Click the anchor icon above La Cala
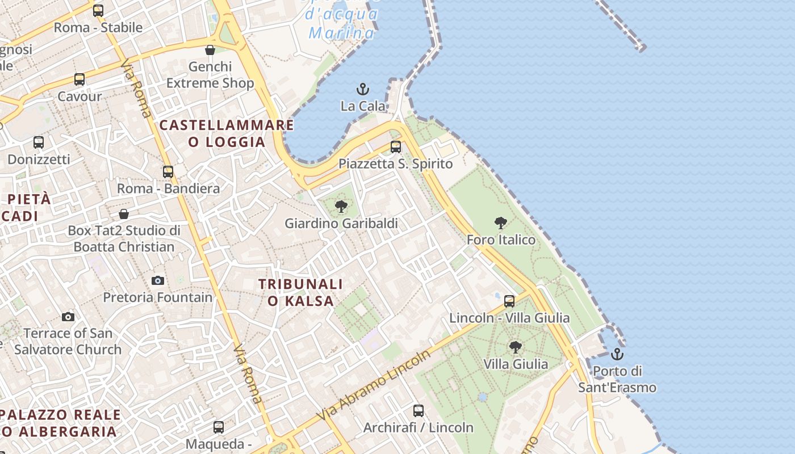(x=362, y=89)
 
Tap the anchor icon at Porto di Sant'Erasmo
(x=617, y=355)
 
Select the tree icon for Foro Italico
(x=500, y=222)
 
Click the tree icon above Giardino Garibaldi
(x=341, y=207)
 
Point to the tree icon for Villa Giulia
(x=515, y=347)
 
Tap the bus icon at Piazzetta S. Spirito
(x=396, y=147)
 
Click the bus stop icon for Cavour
(x=79, y=79)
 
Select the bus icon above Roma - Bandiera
(x=168, y=171)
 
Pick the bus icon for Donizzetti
(x=39, y=142)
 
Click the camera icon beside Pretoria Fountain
(x=158, y=280)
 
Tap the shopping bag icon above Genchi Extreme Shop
(x=210, y=50)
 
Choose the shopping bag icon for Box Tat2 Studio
(x=124, y=214)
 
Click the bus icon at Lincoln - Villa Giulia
(x=509, y=301)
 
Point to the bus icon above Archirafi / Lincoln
(x=419, y=410)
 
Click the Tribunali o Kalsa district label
(x=301, y=292)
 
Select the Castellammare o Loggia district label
(x=227, y=133)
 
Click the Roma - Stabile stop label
(x=98, y=27)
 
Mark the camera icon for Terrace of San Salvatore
(x=68, y=317)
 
